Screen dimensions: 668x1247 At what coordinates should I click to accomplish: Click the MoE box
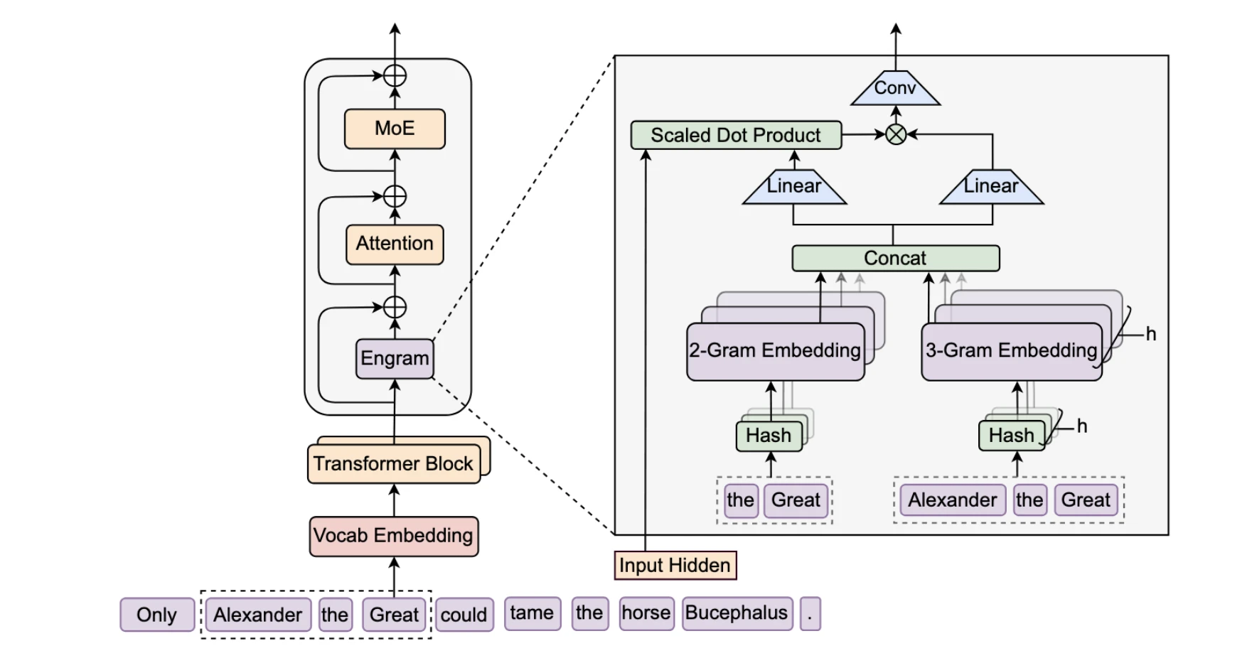coord(395,129)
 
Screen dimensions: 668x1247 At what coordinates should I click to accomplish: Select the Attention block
coord(395,244)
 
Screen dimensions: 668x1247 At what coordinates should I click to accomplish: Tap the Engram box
coord(395,358)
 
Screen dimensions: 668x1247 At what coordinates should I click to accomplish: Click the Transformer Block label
coord(393,464)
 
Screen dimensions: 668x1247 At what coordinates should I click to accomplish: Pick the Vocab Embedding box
coord(393,536)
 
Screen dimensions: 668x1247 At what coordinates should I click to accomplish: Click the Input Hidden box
coord(675,566)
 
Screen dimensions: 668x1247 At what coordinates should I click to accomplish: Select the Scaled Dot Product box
coord(736,135)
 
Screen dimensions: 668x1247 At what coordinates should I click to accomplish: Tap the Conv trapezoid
coord(895,89)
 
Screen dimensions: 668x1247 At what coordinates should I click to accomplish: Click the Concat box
coord(895,258)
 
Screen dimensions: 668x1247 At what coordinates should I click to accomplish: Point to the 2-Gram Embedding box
coord(775,351)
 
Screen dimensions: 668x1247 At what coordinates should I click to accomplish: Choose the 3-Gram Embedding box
coord(1011,351)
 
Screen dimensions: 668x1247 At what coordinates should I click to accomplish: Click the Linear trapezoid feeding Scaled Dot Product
coord(794,187)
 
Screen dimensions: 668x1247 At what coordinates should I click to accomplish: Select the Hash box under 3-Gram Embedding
coord(1011,435)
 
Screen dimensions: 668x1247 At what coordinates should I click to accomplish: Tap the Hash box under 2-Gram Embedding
coord(769,435)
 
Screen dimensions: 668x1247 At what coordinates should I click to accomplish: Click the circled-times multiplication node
coord(896,134)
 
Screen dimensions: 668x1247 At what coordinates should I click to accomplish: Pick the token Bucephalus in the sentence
coord(737,613)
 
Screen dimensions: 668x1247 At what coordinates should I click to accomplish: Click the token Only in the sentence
coord(156,615)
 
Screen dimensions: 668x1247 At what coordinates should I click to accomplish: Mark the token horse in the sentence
coord(646,613)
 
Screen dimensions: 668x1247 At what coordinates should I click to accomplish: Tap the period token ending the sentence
coord(810,613)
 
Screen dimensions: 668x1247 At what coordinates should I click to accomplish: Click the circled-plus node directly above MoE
coord(395,75)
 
